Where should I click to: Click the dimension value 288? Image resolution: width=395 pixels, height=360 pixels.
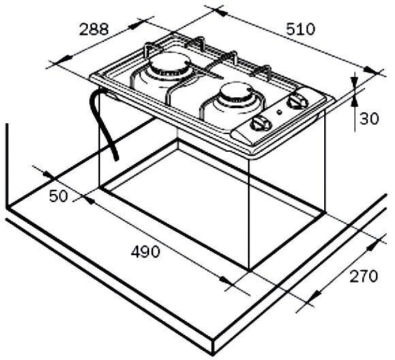[x=94, y=29]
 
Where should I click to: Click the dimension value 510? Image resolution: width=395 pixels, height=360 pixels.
[x=300, y=29]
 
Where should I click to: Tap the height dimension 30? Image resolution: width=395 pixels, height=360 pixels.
[x=368, y=118]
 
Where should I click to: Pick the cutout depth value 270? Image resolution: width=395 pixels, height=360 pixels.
[x=364, y=276]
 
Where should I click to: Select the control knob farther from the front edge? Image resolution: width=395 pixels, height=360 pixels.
[x=295, y=103]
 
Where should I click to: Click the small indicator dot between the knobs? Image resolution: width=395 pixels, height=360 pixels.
[x=279, y=112]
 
